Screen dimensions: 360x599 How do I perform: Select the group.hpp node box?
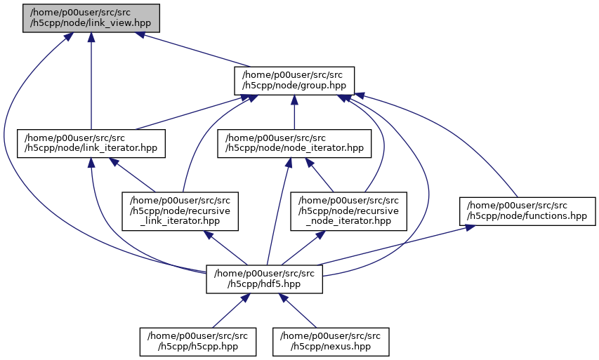(x=294, y=81)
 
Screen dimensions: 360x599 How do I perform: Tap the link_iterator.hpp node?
(x=91, y=143)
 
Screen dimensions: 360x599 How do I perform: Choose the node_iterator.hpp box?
(x=294, y=143)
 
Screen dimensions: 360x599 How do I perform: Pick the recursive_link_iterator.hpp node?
(x=180, y=210)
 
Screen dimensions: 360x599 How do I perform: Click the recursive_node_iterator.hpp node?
(x=349, y=210)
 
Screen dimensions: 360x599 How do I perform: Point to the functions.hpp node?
(x=527, y=211)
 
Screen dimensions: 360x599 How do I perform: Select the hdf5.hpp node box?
(x=264, y=279)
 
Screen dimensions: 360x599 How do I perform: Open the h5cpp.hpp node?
(x=197, y=341)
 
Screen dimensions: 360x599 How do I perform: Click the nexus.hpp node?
(x=331, y=341)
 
